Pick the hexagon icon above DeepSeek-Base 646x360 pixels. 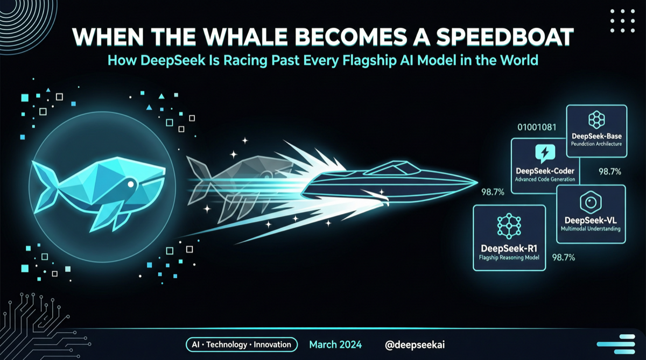(596, 119)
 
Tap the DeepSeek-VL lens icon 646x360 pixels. (591, 202)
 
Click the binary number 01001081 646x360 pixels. (536, 128)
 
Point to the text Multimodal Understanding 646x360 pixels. (591, 229)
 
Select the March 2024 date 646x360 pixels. (335, 344)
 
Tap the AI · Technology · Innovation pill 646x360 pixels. (241, 344)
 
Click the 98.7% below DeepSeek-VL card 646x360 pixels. (564, 257)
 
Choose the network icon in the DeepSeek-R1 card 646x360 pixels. (509, 227)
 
